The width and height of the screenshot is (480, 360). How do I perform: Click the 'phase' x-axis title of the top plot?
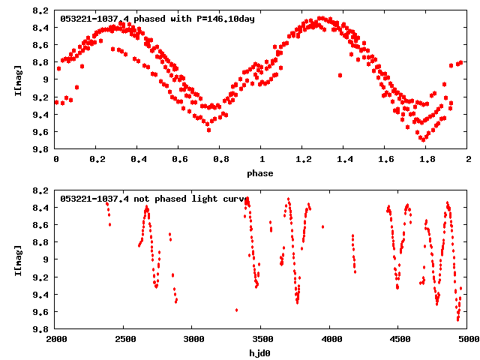click(x=262, y=172)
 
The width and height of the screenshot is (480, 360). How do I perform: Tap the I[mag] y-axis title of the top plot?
click(x=19, y=79)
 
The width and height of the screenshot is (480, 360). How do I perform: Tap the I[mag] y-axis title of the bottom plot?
click(x=19, y=259)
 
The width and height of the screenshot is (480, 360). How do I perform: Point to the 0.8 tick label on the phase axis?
click(x=220, y=160)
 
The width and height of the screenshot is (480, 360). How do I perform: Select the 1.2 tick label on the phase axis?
click(x=303, y=160)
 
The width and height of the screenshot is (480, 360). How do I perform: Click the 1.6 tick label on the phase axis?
click(x=385, y=160)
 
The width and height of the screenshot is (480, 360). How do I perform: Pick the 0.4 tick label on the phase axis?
click(x=138, y=160)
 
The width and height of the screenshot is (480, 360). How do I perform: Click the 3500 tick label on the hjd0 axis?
click(x=262, y=339)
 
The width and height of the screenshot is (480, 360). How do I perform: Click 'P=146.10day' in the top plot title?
click(x=226, y=19)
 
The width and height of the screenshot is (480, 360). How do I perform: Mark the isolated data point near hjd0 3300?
click(x=236, y=310)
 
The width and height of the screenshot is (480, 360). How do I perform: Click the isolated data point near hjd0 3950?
click(x=322, y=226)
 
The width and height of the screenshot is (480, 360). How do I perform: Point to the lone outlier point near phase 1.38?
click(x=340, y=75)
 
